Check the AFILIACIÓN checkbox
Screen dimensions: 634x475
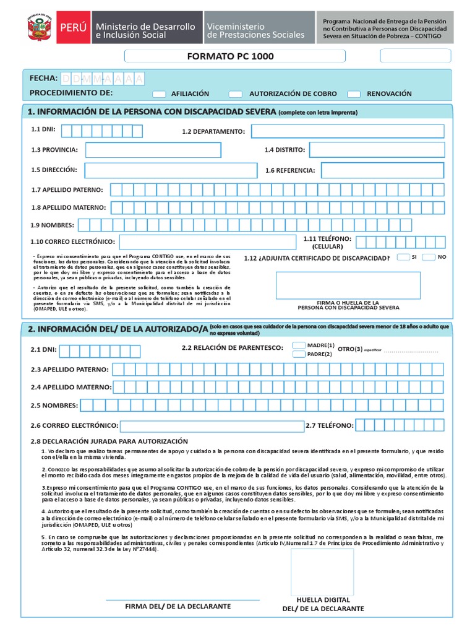point(159,94)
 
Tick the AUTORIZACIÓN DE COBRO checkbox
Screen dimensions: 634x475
point(235,94)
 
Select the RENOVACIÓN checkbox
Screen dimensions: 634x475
point(354,94)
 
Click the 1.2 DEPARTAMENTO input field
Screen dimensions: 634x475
point(347,131)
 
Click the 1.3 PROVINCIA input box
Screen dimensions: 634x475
point(153,150)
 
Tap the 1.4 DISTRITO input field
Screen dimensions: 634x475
point(376,150)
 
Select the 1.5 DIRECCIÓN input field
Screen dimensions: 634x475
point(171,170)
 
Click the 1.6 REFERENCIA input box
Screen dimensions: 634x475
point(382,170)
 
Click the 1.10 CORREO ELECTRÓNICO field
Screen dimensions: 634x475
point(208,242)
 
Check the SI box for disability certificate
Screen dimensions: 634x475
point(403,257)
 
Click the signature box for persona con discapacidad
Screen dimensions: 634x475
point(348,285)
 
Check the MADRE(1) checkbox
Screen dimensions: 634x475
point(298,345)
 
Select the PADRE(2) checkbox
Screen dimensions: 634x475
point(298,354)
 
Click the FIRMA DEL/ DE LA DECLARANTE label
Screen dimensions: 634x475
point(178,606)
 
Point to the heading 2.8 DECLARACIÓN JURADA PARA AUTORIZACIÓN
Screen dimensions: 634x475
point(109,441)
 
